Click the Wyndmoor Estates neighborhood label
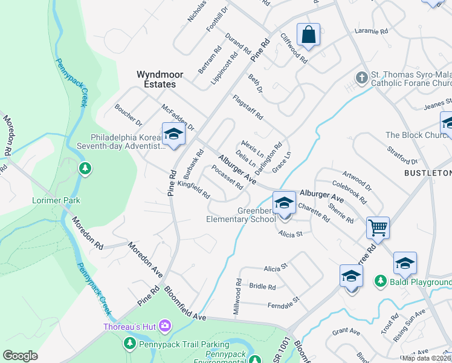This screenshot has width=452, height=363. (156, 79)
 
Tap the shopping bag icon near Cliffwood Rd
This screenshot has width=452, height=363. (308, 34)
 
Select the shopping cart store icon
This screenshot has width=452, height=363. (378, 228)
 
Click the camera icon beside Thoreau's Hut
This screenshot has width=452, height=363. (164, 327)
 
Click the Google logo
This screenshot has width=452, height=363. (20, 356)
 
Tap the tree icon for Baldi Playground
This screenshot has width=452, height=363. (380, 281)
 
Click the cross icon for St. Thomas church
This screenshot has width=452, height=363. (361, 77)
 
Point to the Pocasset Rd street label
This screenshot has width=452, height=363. (227, 177)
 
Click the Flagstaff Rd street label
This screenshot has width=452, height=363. (248, 106)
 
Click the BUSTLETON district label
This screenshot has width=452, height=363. (427, 173)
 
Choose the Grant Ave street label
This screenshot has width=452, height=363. (346, 332)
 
